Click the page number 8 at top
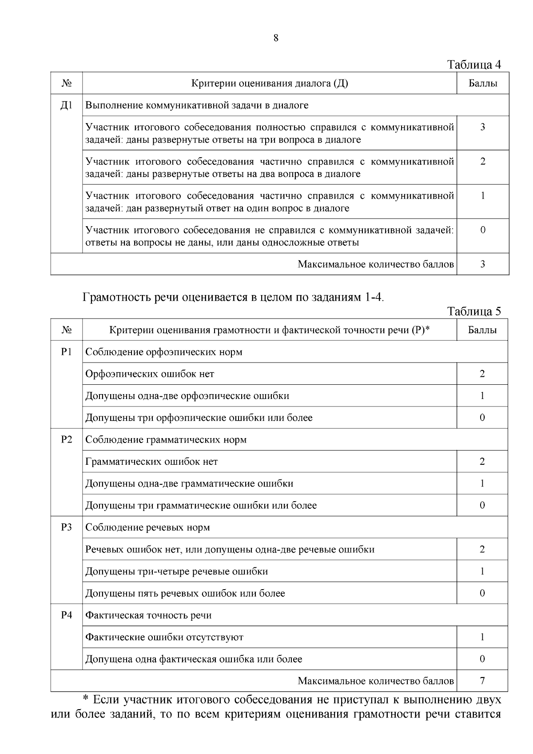click(x=276, y=38)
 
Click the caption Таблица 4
click(x=474, y=65)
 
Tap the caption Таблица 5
click(x=474, y=311)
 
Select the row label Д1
click(x=66, y=105)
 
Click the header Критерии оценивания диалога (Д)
click(x=269, y=84)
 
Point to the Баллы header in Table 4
click(x=483, y=84)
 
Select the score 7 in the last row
click(x=482, y=681)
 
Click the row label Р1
click(x=66, y=352)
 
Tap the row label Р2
click(x=66, y=439)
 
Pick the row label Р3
click(x=66, y=527)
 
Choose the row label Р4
click(x=66, y=615)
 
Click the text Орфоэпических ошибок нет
click(x=150, y=374)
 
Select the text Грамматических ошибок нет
click(x=151, y=462)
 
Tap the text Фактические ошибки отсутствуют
click(x=164, y=637)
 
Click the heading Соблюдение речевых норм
click(x=147, y=527)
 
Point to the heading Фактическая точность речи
click(x=148, y=615)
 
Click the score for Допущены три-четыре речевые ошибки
click(x=482, y=571)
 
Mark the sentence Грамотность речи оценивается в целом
click(x=233, y=297)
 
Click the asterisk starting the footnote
click(x=87, y=699)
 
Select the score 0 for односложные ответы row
click(x=483, y=230)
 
